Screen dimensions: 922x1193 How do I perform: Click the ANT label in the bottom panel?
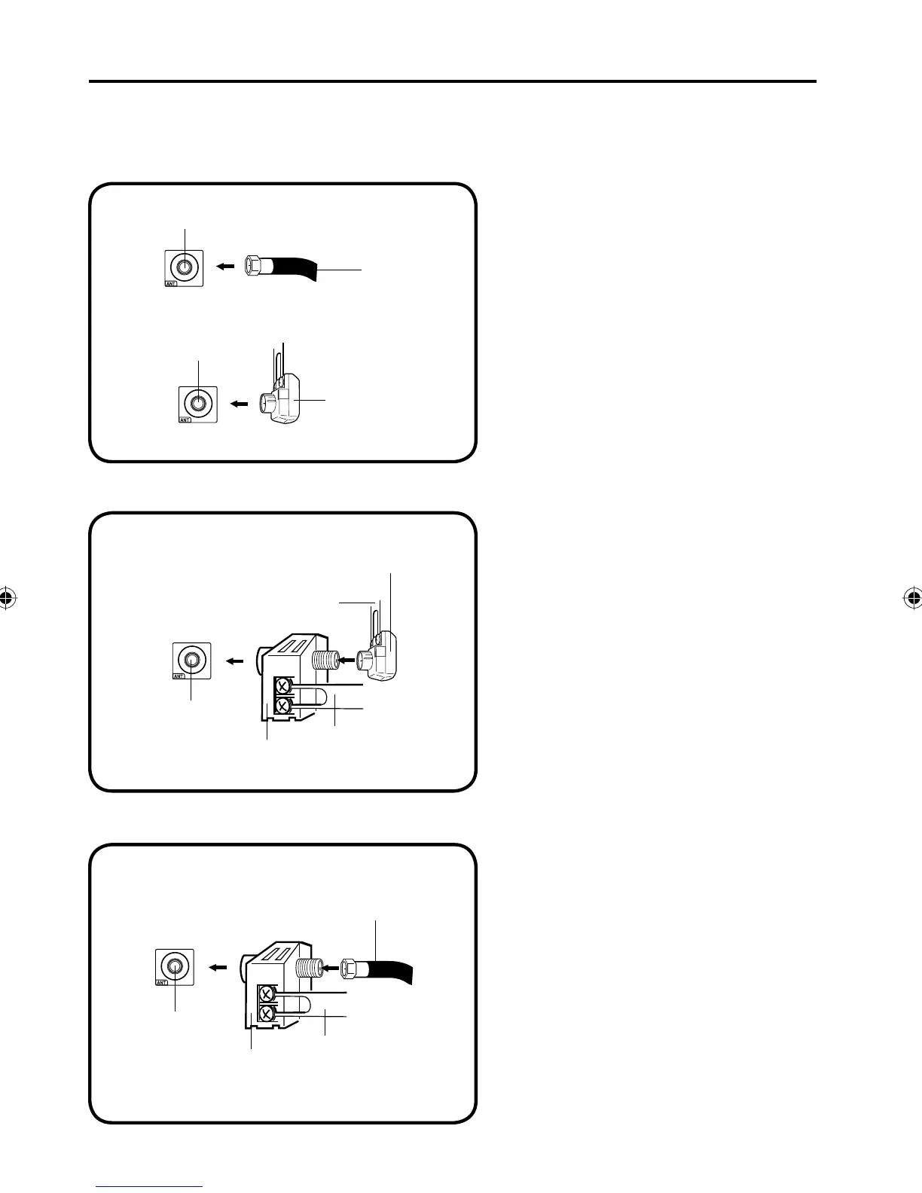point(160,982)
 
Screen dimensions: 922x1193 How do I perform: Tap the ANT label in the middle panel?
point(179,676)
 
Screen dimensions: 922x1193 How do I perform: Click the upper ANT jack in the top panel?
point(184,267)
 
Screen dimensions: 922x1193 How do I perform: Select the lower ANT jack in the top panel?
point(198,403)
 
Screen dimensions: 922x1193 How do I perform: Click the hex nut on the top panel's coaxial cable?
point(252,267)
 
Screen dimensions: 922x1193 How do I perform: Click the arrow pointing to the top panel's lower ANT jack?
point(239,404)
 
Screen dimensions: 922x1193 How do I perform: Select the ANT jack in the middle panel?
point(192,660)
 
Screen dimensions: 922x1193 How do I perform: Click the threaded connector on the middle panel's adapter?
point(322,660)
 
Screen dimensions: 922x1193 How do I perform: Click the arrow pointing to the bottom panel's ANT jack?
point(218,967)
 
